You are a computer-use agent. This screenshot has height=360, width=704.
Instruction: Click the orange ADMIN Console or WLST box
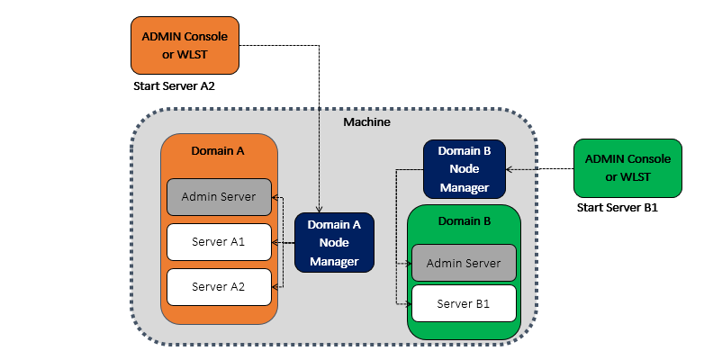pyautogui.click(x=185, y=45)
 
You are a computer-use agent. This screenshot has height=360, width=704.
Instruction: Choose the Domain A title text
pyautogui.click(x=219, y=151)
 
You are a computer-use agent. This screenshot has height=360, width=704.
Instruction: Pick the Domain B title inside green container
pyautogui.click(x=464, y=220)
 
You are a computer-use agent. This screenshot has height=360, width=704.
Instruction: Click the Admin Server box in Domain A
pyautogui.click(x=219, y=196)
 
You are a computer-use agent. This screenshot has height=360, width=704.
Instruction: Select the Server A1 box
pyautogui.click(x=219, y=241)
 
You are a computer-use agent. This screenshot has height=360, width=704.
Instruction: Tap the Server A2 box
pyautogui.click(x=219, y=286)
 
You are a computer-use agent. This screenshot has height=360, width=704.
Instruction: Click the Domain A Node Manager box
pyautogui.click(x=334, y=242)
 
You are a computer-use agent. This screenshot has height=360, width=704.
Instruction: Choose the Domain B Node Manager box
pyautogui.click(x=464, y=168)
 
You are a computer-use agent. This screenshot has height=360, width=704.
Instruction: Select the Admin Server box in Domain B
pyautogui.click(x=464, y=263)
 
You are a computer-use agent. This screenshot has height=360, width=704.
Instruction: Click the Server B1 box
pyautogui.click(x=464, y=303)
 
